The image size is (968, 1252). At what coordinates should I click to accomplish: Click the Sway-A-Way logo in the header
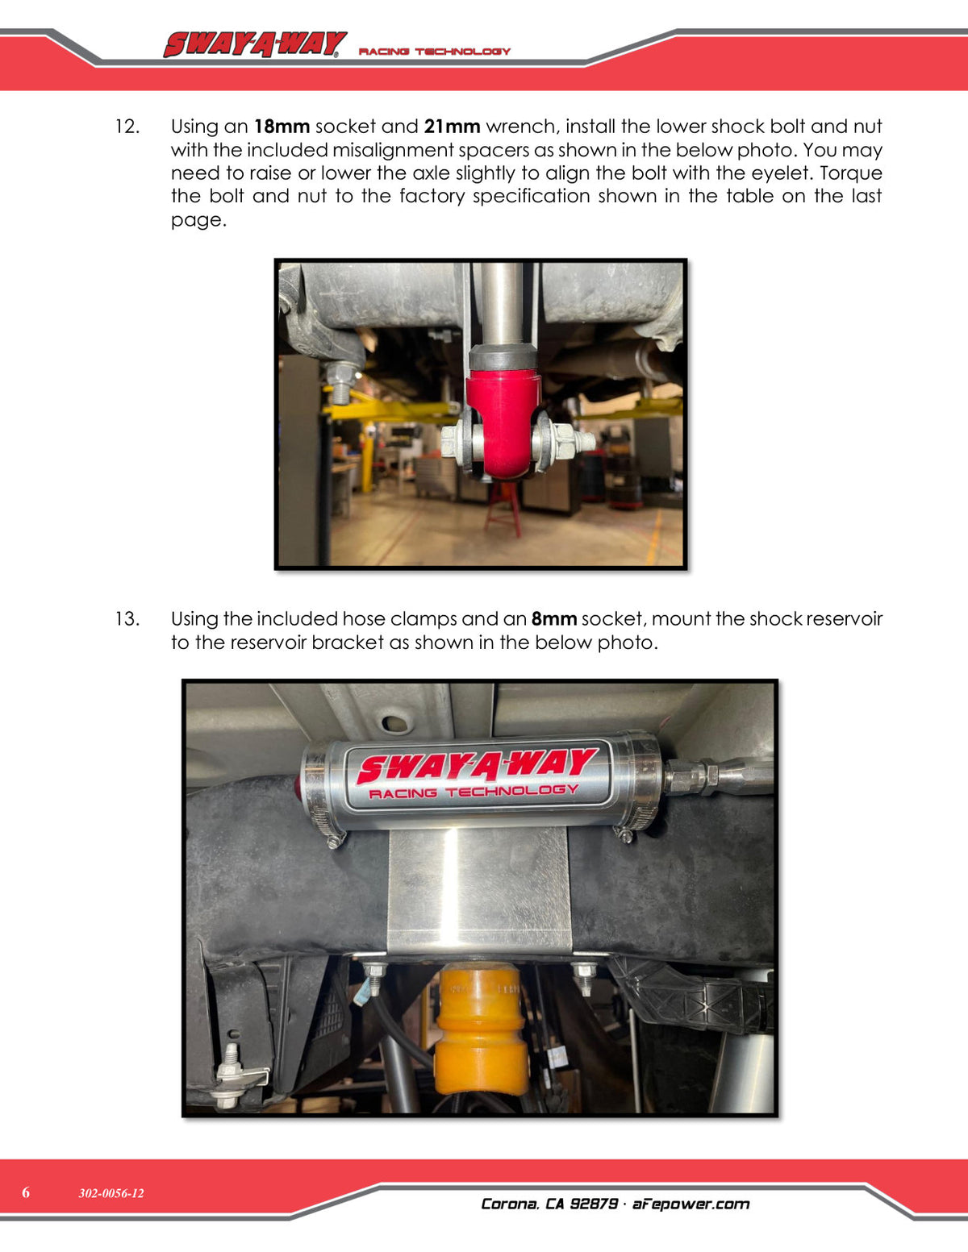(255, 45)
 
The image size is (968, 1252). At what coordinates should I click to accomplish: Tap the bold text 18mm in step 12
(282, 127)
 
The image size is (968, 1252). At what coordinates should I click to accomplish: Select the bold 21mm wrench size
(452, 127)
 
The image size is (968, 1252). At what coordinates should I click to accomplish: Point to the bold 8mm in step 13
(554, 619)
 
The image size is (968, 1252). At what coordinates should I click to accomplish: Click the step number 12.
(127, 127)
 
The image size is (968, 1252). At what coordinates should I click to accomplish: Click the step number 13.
(127, 619)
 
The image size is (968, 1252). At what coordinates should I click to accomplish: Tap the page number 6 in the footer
(26, 1192)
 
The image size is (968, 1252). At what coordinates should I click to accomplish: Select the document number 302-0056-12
(111, 1192)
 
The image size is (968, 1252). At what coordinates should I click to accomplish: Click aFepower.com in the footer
(691, 1204)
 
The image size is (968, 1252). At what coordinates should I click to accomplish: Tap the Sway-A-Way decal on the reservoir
(477, 775)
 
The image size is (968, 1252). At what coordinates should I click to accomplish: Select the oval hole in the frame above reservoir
(393, 722)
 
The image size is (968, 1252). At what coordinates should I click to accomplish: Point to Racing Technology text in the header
(435, 52)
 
